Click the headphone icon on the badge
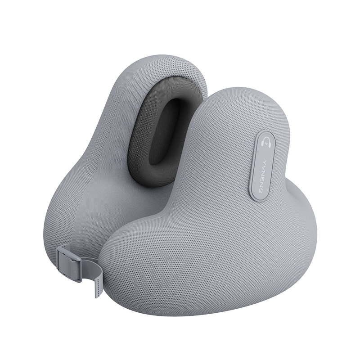267,142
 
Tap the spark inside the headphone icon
266,144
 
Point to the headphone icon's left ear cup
263,144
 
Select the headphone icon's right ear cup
270,144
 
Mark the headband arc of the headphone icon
267,138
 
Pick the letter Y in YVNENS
265,159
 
